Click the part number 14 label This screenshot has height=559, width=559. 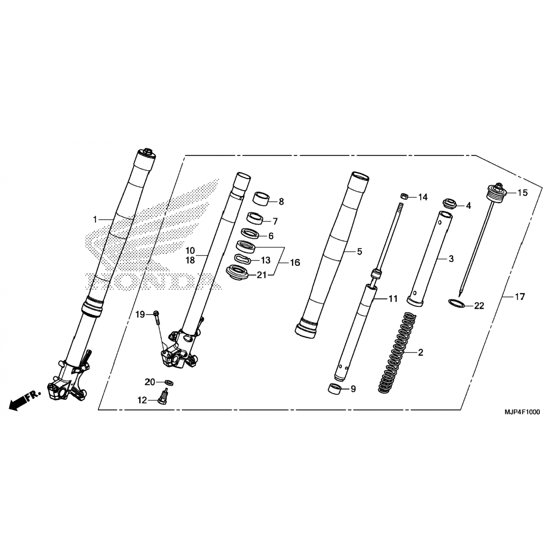coord(423,197)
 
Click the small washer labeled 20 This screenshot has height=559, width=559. coord(169,383)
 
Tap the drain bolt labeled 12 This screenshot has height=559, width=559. coord(163,396)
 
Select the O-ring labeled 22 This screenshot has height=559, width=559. coord(455,303)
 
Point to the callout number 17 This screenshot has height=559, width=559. coord(519,297)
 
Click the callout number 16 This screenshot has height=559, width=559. coord(295,263)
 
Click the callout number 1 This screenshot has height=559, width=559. coord(95,220)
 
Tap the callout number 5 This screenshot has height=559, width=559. coord(359,252)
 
